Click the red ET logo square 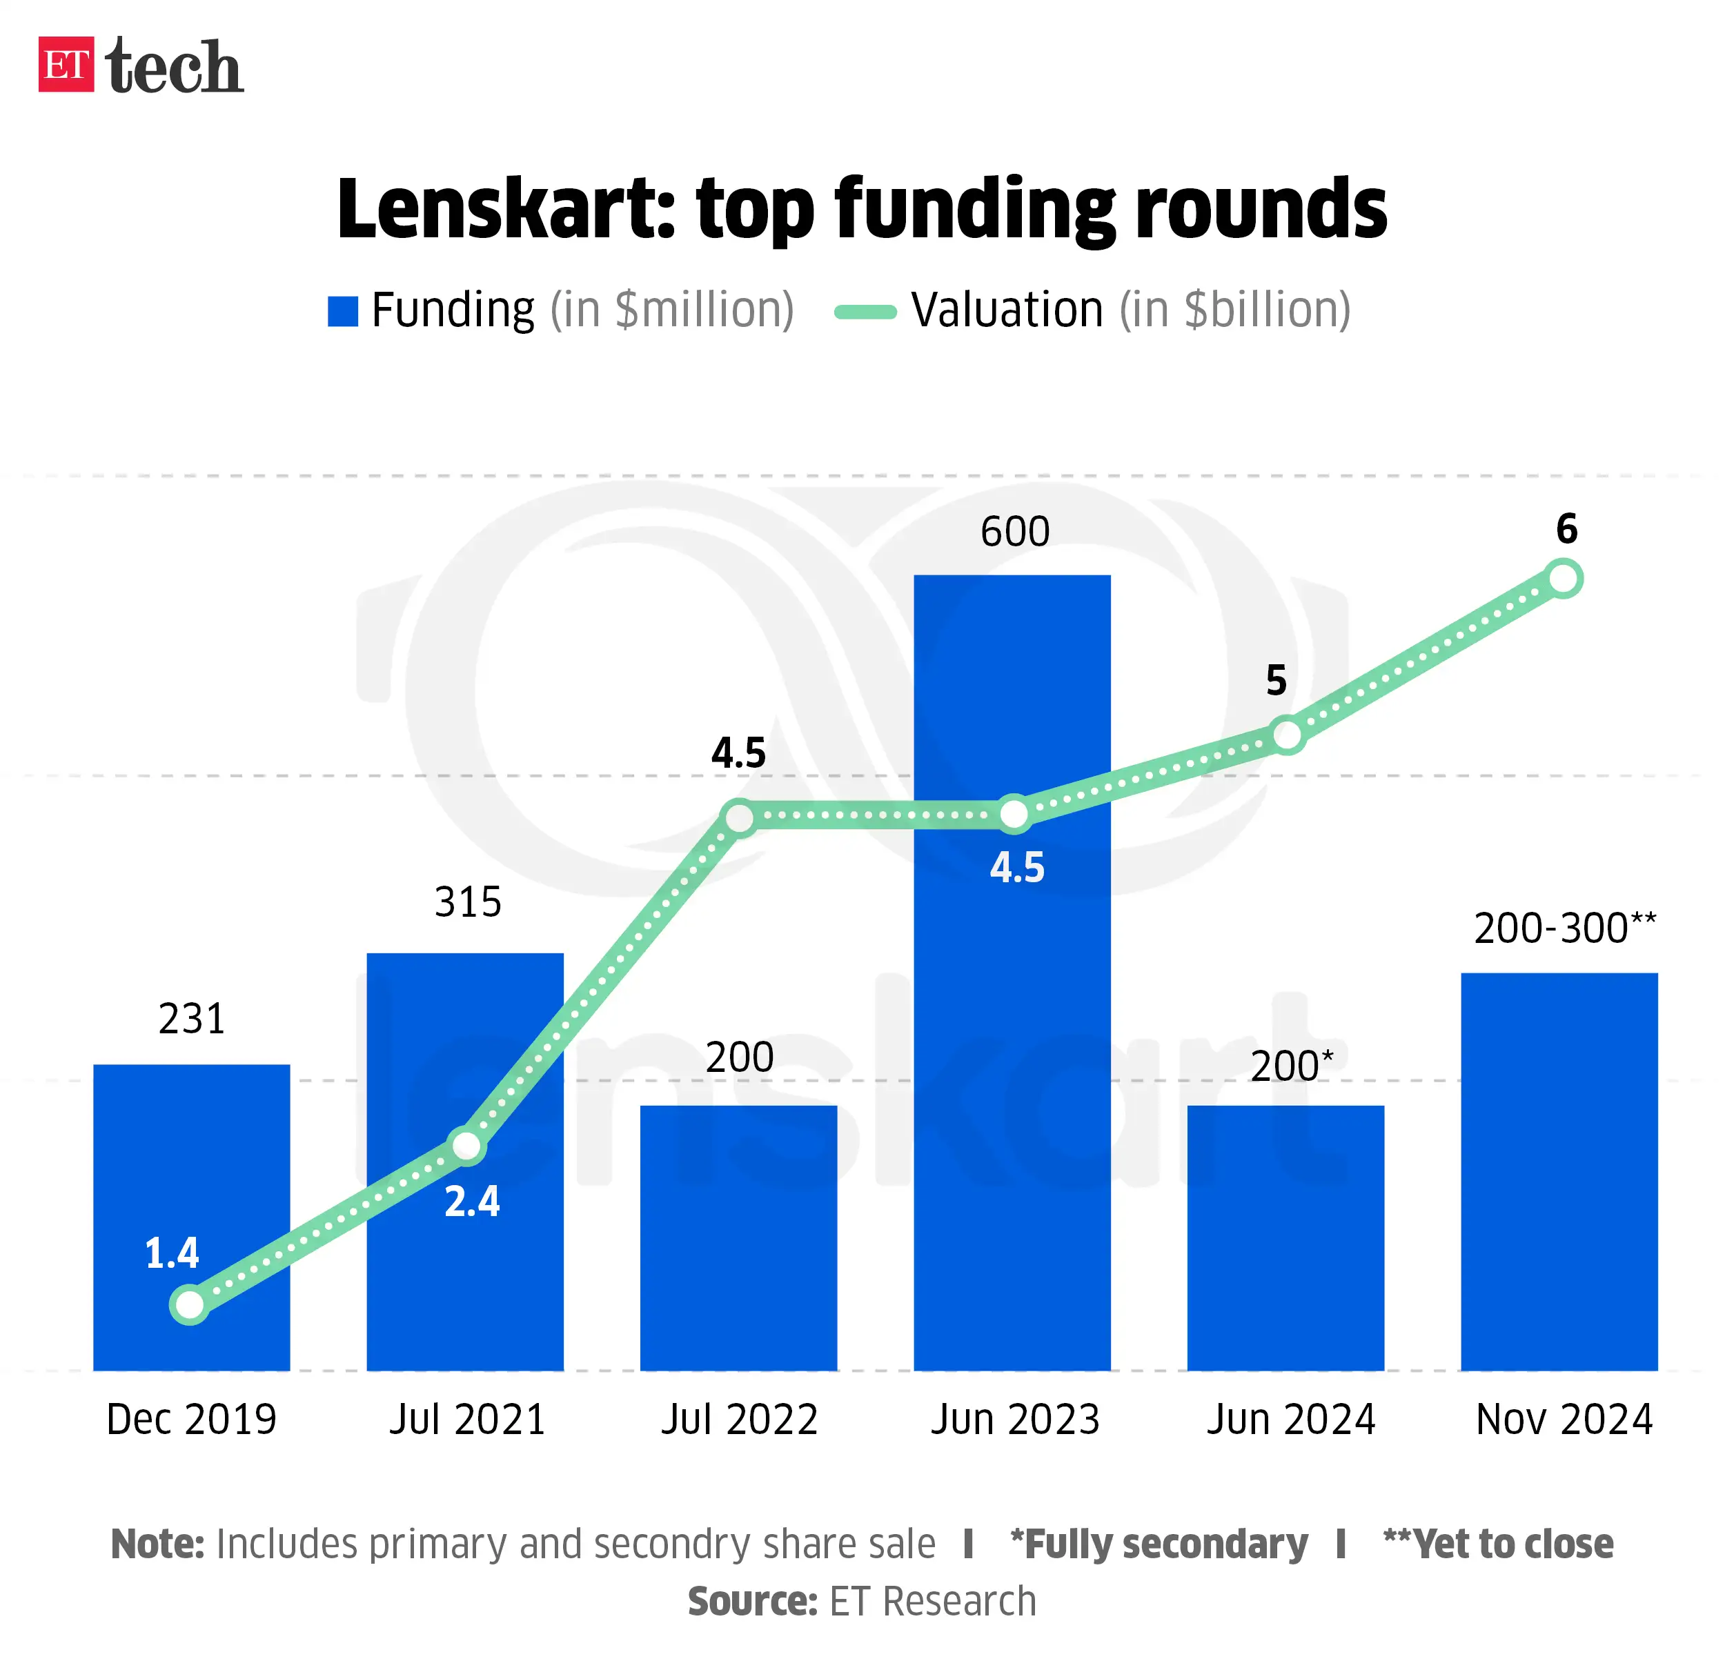pyautogui.click(x=66, y=64)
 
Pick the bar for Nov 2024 pyautogui.click(x=1559, y=1170)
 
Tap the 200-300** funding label pyautogui.click(x=1564, y=929)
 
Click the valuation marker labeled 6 pyautogui.click(x=1564, y=579)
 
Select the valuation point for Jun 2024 pyautogui.click(x=1287, y=735)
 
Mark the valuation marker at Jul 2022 pyautogui.click(x=740, y=818)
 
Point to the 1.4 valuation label pyautogui.click(x=172, y=1253)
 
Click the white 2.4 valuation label pyautogui.click(x=472, y=1202)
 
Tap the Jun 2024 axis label pyautogui.click(x=1290, y=1419)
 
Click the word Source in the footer pyautogui.click(x=753, y=1601)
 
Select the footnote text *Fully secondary pyautogui.click(x=1159, y=1544)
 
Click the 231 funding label pyautogui.click(x=192, y=1020)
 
